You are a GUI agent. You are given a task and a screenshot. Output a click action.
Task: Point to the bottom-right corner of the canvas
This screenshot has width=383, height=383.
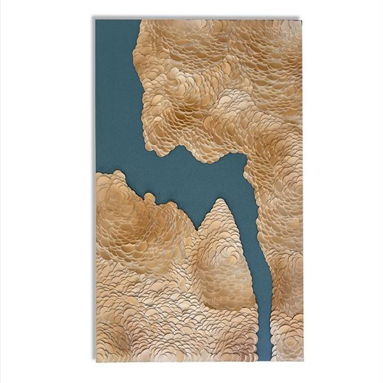tap(301, 361)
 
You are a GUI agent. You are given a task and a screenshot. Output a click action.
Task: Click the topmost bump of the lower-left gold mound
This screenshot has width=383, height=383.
tap(117, 173)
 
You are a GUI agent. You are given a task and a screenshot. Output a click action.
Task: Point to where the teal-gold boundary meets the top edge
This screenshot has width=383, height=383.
tap(140, 20)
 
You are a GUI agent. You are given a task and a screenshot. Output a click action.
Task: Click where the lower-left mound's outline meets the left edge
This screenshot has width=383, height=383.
tap(97, 174)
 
